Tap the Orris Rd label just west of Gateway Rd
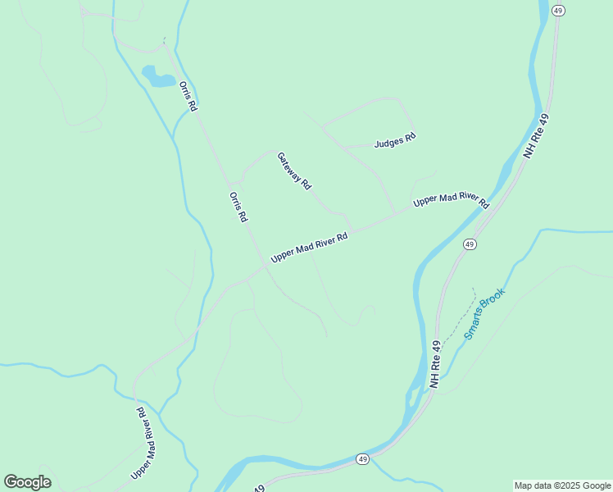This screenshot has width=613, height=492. pos(238,207)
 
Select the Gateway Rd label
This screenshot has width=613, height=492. pos(294,171)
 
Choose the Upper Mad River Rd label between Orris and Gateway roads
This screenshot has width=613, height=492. pos(310,247)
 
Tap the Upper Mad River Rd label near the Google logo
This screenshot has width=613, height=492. pos(145,444)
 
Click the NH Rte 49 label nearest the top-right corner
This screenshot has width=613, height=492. pos(537,136)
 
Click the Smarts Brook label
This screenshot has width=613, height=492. pos(485,313)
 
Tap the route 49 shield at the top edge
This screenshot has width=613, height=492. pos(558,10)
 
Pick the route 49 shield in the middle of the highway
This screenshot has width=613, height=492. pos(469,244)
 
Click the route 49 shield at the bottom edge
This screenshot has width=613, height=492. pos(362,459)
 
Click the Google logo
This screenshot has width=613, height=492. pos(28,482)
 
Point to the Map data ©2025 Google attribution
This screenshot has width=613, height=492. pos(563,485)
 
